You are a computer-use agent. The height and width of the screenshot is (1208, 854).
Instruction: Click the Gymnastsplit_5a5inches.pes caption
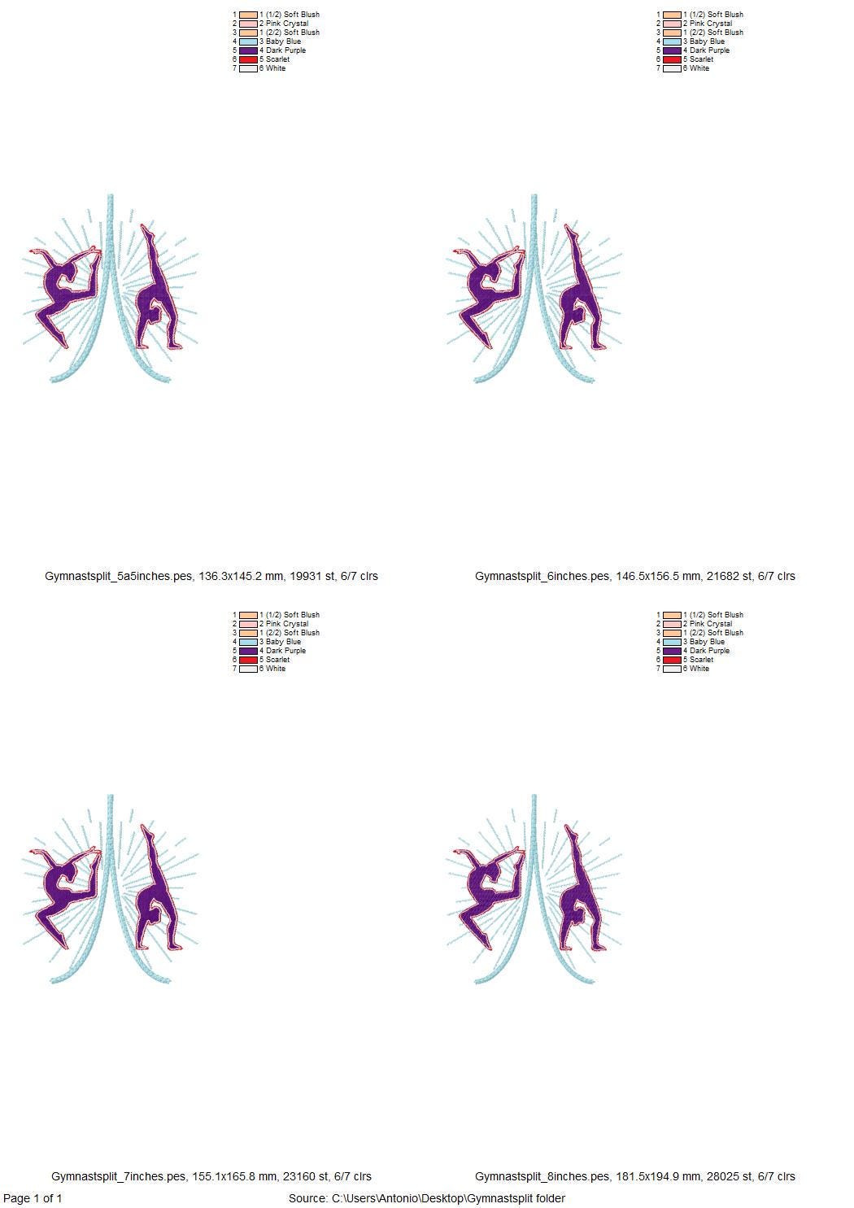point(211,576)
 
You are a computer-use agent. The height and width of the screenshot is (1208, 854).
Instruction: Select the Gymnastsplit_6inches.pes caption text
point(634,576)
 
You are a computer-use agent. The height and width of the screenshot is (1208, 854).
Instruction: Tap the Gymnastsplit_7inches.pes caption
point(211,1176)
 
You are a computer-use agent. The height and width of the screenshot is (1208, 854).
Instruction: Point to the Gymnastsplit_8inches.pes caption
point(634,1176)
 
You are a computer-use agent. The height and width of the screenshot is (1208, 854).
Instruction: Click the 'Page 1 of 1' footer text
point(33,1198)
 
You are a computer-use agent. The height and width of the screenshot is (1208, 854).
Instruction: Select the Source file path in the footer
point(426,1198)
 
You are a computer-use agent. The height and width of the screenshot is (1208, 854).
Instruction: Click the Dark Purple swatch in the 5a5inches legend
point(249,50)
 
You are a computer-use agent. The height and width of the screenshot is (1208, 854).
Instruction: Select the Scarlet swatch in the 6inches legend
point(672,59)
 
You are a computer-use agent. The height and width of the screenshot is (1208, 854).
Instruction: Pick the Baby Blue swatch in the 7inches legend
point(249,642)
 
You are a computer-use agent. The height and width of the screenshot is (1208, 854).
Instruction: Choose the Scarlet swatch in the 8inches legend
point(672,660)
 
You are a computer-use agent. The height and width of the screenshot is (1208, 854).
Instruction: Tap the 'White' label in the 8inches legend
point(699,669)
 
